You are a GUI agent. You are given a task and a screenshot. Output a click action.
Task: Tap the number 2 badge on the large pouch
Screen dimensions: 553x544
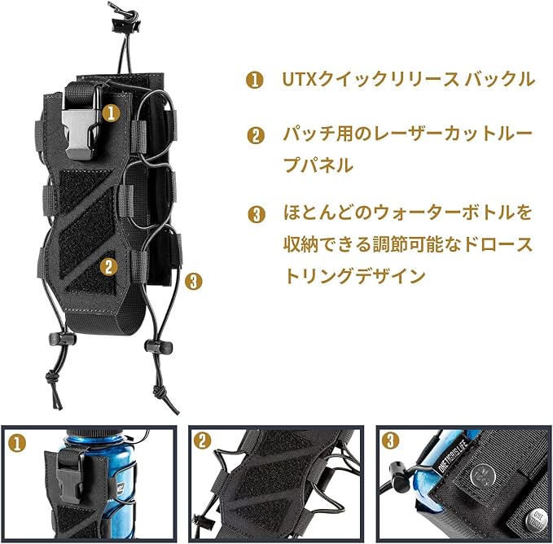pos(107,265)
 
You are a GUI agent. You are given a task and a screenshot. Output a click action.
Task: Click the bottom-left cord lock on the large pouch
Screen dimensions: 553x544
pos(59,337)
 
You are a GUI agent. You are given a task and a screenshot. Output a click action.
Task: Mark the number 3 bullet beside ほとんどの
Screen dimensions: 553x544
pos(255,215)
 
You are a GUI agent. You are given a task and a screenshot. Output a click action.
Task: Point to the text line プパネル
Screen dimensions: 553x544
pos(318,165)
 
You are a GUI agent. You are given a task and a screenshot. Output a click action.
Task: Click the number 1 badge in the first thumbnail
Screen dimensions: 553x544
pos(15,443)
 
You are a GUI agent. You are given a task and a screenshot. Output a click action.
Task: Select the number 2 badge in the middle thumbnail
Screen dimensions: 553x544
pos(203,441)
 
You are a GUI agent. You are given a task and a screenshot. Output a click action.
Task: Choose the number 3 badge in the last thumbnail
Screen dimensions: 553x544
pos(391,441)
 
